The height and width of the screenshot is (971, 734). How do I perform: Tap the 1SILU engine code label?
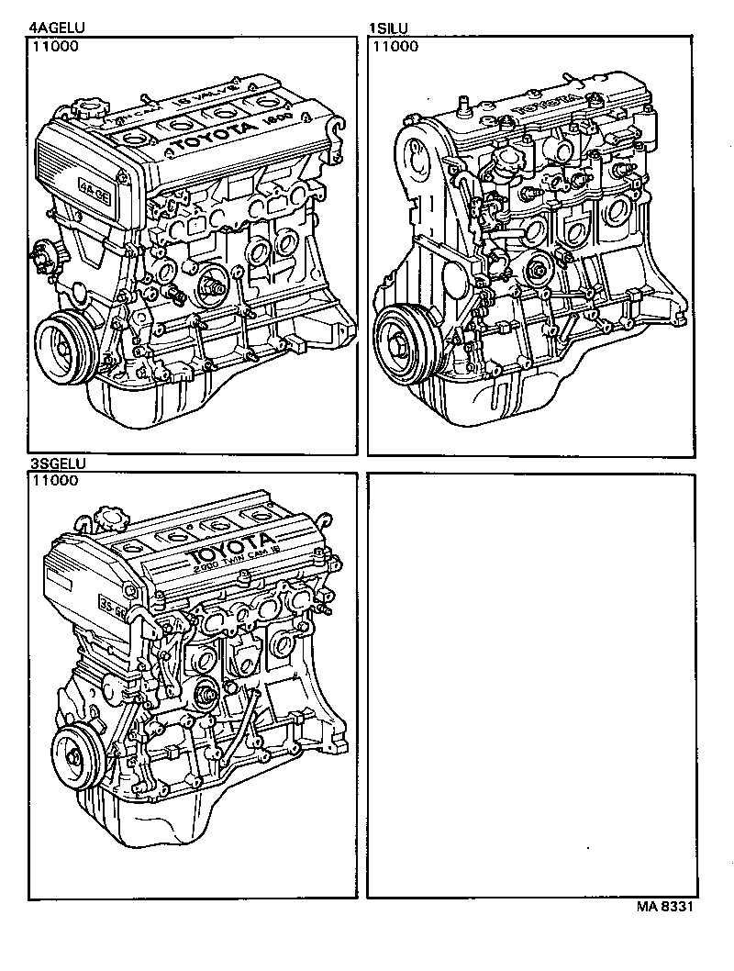tap(388, 28)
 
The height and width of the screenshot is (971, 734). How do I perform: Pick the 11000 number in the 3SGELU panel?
tap(51, 480)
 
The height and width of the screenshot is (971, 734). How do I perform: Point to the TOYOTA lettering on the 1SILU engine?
tap(550, 104)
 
